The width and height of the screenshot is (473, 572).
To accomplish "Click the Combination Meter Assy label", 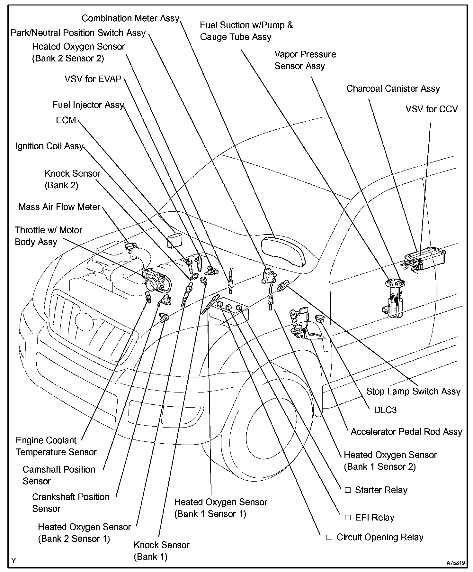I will [x=130, y=18].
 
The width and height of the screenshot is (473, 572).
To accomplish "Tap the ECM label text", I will [x=66, y=120].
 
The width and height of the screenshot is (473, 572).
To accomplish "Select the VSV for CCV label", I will [x=431, y=109].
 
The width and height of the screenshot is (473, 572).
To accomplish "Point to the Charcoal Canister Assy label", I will [x=393, y=88].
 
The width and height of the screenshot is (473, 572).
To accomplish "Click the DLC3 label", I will [x=385, y=410].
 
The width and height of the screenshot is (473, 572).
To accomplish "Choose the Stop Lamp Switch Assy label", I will [x=413, y=391].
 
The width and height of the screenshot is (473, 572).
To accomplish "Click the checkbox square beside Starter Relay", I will [x=347, y=490].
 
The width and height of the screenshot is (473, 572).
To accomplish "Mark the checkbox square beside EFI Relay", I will [x=347, y=518].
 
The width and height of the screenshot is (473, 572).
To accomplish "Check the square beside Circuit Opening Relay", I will [x=329, y=538].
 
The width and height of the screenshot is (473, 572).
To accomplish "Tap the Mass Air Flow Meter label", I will [x=59, y=207].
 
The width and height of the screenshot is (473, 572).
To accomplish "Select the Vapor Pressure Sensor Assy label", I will [x=305, y=60].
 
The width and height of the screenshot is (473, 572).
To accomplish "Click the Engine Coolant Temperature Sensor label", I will [x=56, y=446].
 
